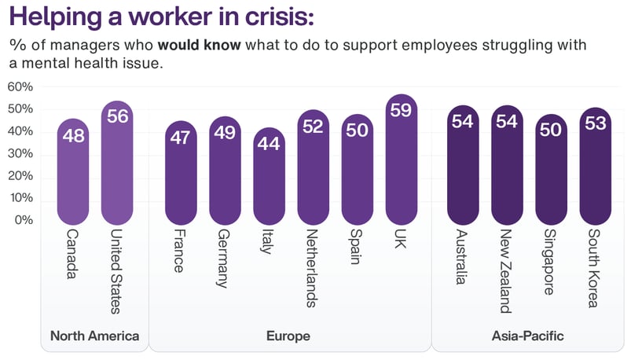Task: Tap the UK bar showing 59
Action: (401, 160)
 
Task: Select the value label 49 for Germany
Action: (225, 133)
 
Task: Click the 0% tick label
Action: (23, 220)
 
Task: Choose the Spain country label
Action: (357, 248)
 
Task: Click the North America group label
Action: (94, 336)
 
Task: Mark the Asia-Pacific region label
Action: (527, 336)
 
